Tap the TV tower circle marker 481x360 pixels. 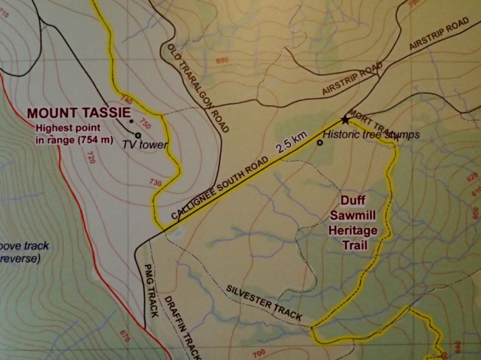click(x=138, y=135)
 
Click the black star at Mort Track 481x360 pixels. click(x=346, y=120)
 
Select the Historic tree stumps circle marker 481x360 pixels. click(x=320, y=142)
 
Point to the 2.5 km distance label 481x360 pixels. click(x=290, y=143)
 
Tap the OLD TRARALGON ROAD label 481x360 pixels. click(x=199, y=87)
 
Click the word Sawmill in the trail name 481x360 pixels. click(x=355, y=216)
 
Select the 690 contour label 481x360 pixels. click(x=223, y=61)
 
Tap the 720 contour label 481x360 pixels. click(x=89, y=157)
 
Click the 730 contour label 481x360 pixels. click(x=156, y=182)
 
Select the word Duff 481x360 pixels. click(x=355, y=201)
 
